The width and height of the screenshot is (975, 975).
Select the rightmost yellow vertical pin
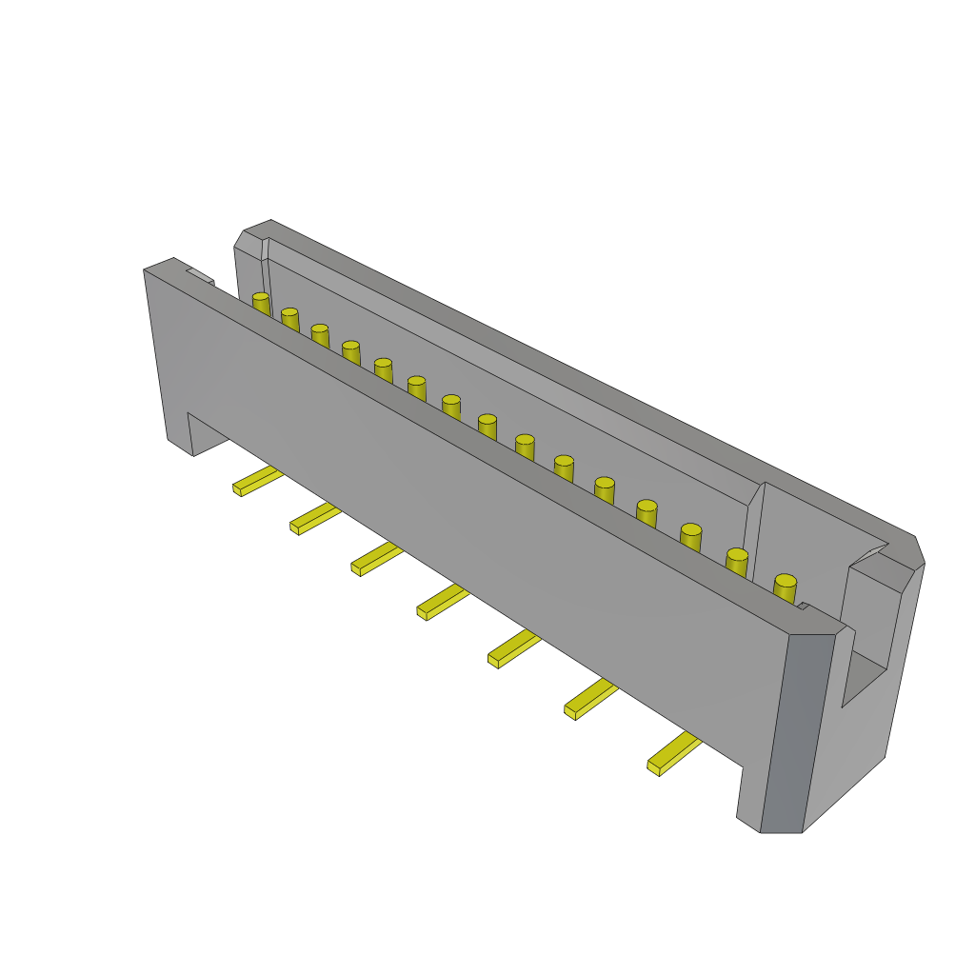pyautogui.click(x=785, y=588)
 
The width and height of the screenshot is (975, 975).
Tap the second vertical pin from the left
pyautogui.click(x=289, y=319)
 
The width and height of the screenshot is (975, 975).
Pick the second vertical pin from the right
pyautogui.click(x=737, y=562)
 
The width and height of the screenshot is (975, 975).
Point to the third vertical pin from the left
pyautogui.click(x=320, y=335)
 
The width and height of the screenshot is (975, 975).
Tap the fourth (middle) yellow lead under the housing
pyautogui.click(x=443, y=602)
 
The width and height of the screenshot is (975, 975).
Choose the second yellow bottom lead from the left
pyautogui.click(x=315, y=519)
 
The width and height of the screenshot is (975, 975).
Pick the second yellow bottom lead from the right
pyautogui.click(x=590, y=699)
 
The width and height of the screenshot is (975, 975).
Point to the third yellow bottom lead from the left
pyautogui.click(x=376, y=559)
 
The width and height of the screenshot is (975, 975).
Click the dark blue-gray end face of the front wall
pyautogui.click(x=795, y=733)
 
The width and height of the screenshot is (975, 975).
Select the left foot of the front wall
pyautogui.click(x=180, y=433)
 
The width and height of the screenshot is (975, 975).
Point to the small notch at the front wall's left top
pyautogui.click(x=200, y=277)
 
